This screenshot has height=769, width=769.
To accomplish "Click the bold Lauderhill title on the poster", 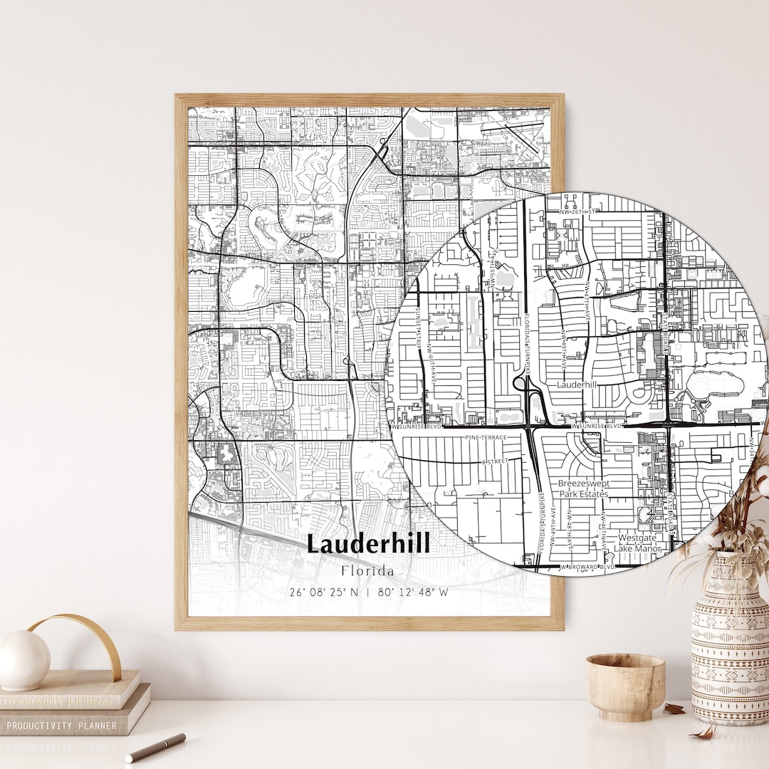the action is pos(368,545).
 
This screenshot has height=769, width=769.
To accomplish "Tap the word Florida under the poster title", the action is pos(367,571).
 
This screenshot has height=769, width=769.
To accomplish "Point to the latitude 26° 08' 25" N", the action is pos(324,592).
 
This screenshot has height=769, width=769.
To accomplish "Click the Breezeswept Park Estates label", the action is pos(583,488).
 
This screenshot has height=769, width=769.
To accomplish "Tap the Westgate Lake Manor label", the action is pos(639,543).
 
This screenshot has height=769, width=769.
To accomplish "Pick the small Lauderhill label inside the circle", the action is pos(576,384).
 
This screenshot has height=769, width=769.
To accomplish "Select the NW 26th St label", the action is pos(577,211).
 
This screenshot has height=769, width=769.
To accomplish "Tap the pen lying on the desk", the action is pos(155,748).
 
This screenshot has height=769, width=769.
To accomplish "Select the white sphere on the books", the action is pos(23,660).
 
